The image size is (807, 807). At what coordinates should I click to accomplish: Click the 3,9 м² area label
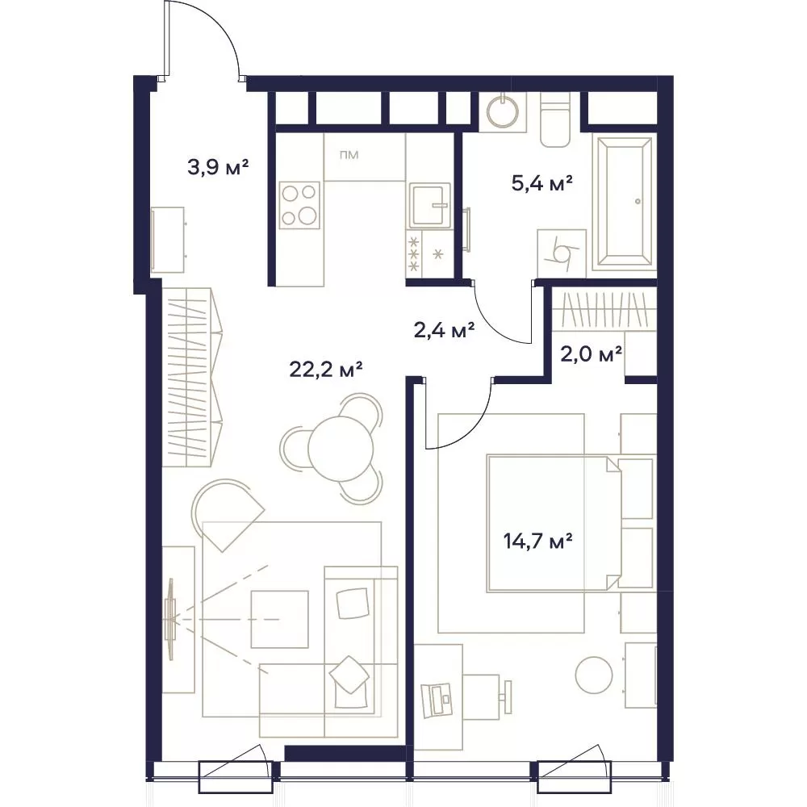point(218,167)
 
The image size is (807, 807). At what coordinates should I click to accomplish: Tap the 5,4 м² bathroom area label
point(542,182)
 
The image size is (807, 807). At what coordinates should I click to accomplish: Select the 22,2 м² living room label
point(326,369)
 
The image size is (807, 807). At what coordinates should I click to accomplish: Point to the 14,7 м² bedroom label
point(537,541)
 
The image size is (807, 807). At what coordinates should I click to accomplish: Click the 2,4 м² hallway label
point(444,330)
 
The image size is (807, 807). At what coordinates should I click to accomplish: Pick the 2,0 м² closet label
point(591,353)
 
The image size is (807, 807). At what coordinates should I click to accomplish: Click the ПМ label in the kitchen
point(349,154)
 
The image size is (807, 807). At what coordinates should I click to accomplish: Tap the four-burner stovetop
point(299,205)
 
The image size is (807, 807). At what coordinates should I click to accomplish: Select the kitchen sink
point(429,206)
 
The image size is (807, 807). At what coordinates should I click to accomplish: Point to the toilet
point(555,119)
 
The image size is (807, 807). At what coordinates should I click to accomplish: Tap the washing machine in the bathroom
point(562,253)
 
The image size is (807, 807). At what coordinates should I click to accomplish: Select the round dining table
point(341,449)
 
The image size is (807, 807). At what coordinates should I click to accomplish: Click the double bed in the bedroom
point(554,523)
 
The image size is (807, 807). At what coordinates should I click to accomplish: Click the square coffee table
point(279,619)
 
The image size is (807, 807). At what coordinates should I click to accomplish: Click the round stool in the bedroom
point(594,675)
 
